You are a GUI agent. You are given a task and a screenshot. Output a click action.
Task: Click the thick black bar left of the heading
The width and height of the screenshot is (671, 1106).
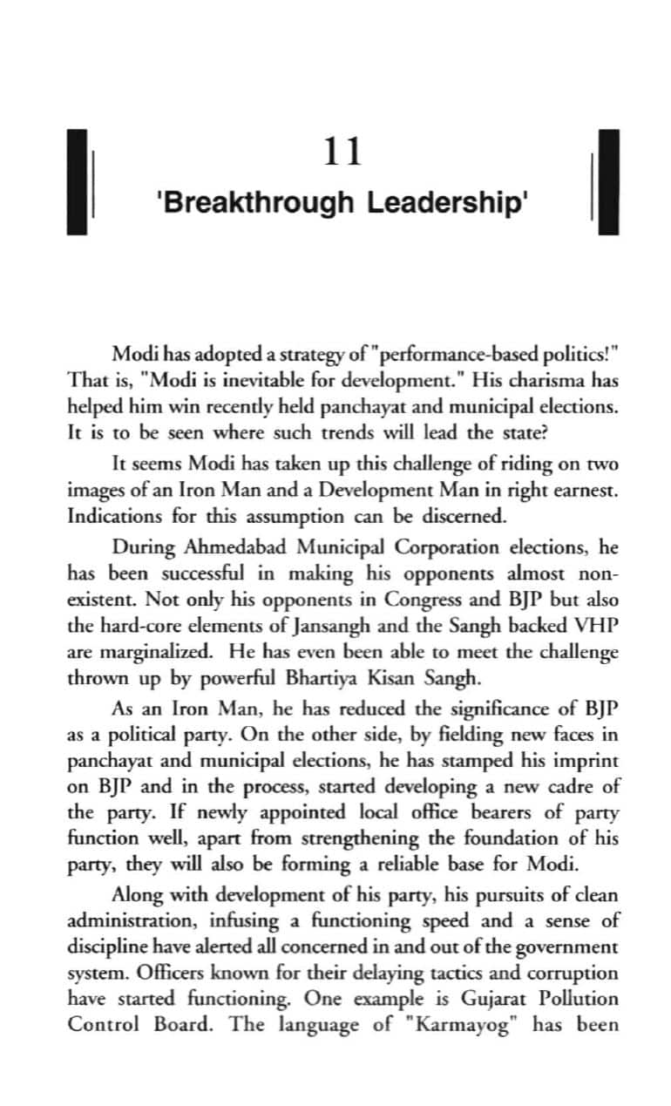[x=78, y=181]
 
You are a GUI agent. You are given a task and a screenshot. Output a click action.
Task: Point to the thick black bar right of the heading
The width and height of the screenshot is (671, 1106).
[x=608, y=181]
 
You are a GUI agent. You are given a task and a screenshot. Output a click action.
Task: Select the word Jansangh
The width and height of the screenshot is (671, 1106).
[x=300, y=625]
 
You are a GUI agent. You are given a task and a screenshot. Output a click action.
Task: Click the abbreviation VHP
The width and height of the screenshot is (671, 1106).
[x=600, y=625]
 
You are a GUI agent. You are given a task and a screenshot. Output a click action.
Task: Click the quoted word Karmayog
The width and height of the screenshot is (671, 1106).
[x=461, y=1023]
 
